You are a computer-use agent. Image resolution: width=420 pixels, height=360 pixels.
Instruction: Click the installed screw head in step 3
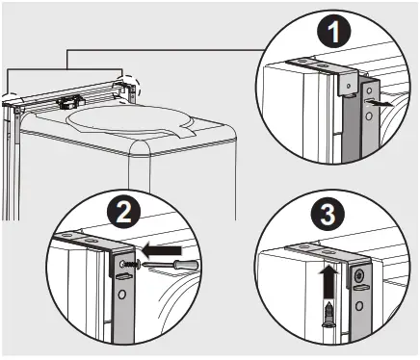pos(359,275)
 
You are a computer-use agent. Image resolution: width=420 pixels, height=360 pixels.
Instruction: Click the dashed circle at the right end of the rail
pos(126,85)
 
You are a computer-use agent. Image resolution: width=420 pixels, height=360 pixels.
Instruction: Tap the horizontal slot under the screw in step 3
pos(360,292)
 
